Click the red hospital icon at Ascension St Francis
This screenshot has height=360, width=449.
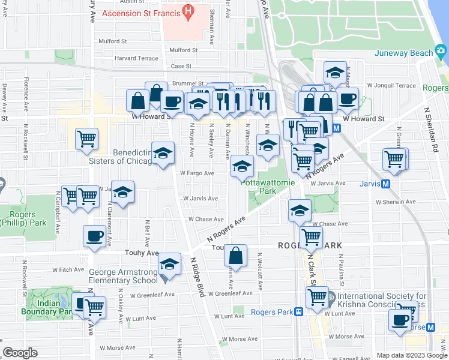(187, 10)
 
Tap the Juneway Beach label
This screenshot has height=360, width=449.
(403, 53)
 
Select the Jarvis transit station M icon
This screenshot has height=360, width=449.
(386, 184)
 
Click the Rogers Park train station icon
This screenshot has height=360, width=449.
(298, 312)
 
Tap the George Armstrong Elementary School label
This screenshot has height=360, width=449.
(124, 276)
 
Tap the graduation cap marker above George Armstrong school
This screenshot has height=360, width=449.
(169, 264)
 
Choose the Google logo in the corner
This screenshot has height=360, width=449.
(20, 353)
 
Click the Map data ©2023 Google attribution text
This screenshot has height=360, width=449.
(412, 355)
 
